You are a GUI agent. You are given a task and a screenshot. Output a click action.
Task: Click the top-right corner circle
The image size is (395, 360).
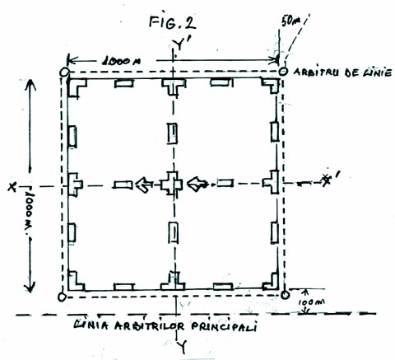pos(283,72)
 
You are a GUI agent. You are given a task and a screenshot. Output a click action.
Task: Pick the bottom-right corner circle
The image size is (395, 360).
pos(284,294)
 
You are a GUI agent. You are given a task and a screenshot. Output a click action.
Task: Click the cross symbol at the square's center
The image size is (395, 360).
pos(173,183)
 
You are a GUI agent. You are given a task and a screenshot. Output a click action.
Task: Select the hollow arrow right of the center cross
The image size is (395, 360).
pos(198,183)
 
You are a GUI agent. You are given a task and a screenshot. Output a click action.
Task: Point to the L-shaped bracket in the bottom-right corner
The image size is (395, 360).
pos(269,280)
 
